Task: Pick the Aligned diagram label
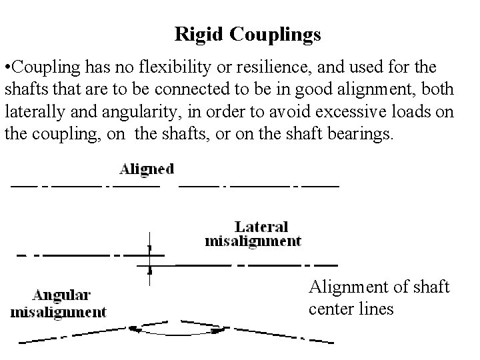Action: coord(146,169)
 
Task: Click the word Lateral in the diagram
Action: coord(261,227)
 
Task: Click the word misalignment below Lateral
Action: coord(253,241)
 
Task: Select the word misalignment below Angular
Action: coord(59,311)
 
